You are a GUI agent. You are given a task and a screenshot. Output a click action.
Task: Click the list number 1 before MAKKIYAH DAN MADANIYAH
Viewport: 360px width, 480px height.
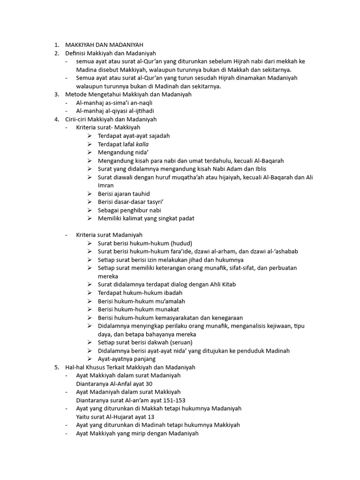click(56, 45)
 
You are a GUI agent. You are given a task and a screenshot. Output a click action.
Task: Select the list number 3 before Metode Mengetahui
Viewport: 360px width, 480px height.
click(56, 94)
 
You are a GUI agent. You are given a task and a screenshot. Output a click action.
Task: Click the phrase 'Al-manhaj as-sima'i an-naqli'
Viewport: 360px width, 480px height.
click(114, 103)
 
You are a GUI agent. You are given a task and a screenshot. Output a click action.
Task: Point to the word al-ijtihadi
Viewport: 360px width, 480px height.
click(140, 111)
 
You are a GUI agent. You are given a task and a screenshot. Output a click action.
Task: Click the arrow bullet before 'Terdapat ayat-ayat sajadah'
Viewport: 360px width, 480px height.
click(90, 136)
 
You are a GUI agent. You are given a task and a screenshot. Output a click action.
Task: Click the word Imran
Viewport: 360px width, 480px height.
click(105, 185)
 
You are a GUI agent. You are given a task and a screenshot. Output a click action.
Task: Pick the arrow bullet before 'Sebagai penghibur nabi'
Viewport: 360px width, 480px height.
click(90, 210)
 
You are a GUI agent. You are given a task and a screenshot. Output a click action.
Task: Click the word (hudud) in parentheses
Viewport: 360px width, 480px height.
click(181, 243)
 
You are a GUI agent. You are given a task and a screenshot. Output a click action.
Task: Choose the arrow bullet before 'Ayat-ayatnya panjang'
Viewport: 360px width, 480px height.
click(90, 359)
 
